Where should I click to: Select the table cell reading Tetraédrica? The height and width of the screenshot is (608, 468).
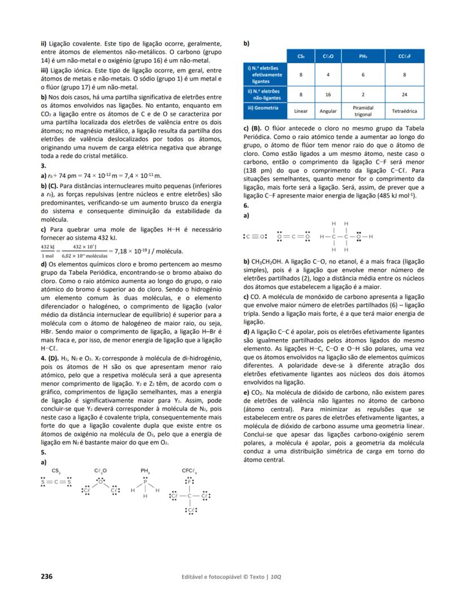pos(405,111)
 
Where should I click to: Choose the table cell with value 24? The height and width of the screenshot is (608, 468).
pos(405,95)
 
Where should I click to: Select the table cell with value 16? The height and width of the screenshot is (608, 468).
pos(328,95)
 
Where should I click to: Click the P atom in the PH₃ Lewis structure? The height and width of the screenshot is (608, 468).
pos(145,482)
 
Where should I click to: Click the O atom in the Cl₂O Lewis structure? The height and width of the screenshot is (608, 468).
pos(101,482)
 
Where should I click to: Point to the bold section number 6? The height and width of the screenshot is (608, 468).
pos(246,206)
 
